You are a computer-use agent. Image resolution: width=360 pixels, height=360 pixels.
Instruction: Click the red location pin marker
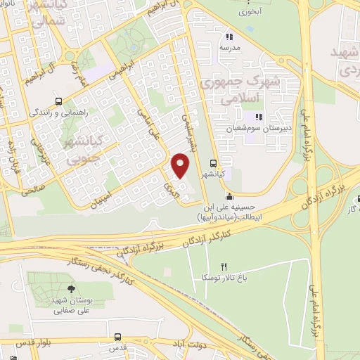(181, 166)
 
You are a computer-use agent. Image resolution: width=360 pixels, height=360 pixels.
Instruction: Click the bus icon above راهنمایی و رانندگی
(60, 100)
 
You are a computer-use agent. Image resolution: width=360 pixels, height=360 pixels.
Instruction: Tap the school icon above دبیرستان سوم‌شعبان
(258, 117)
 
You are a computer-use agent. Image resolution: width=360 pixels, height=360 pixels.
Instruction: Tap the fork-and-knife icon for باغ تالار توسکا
(224, 266)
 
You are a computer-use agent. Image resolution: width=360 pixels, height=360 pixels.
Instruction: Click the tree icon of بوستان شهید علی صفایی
(70, 289)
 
